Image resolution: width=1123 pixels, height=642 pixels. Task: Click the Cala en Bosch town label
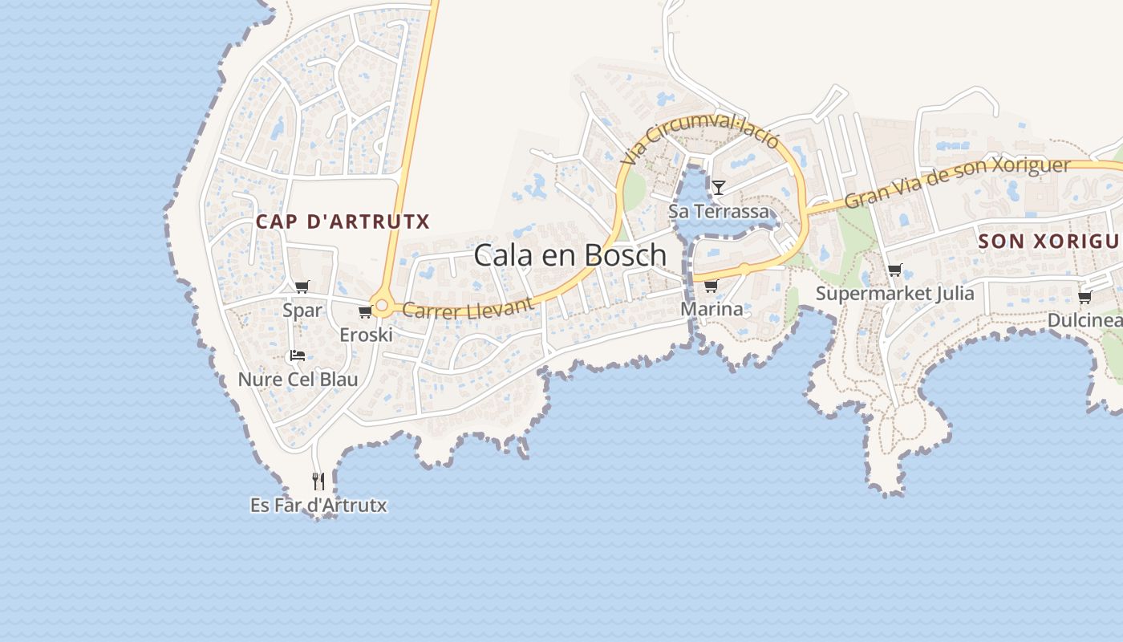coord(570,255)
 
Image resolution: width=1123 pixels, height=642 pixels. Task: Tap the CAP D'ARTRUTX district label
coord(343,221)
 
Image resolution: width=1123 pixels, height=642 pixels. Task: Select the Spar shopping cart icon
coord(302,286)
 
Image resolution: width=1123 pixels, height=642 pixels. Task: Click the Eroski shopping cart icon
coord(365,311)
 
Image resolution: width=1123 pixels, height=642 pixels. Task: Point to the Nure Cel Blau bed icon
coord(297,355)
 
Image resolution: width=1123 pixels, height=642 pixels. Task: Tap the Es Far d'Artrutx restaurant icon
coord(318,481)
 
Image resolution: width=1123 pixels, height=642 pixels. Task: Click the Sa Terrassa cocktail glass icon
coord(719,188)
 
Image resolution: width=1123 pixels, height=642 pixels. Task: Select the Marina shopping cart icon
coord(711,286)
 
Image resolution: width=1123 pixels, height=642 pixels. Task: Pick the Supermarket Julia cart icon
coord(894,270)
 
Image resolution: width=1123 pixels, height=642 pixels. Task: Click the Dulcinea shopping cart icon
coord(1084,297)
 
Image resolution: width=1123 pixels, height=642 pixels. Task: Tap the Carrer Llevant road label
coord(468,308)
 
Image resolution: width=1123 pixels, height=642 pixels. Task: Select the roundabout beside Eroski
coord(383,306)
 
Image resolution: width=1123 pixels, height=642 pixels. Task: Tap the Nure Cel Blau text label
coord(298,380)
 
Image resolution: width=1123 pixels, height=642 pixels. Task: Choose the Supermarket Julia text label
coord(894,294)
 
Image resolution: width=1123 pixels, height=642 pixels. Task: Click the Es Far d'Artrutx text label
coord(318,506)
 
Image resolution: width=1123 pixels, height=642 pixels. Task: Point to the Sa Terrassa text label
coord(719,212)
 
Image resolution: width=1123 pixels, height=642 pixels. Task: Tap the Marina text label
coord(712,309)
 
